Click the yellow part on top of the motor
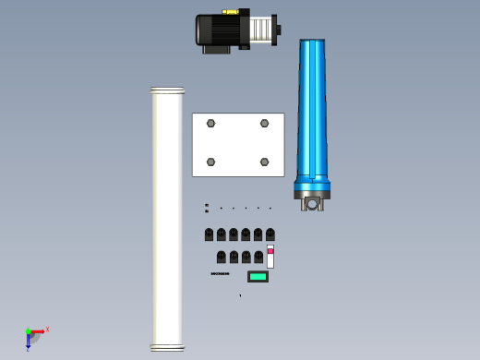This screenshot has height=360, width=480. coord(231,12)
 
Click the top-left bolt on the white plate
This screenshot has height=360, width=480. coord(210,123)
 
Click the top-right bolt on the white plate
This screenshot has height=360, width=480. coord(264,123)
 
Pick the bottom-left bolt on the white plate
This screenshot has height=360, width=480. coord(210,162)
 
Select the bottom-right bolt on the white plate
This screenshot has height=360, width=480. coord(264,162)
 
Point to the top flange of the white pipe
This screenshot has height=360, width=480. coord(167,90)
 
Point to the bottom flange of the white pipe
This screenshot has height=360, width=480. coord(167,348)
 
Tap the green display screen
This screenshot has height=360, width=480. coord(258,276)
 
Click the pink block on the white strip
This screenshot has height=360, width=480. coord(270,250)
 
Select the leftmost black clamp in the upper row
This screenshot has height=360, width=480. coord(209,234)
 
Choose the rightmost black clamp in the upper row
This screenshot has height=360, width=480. coord(270,234)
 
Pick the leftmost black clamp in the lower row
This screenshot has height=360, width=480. coord(222,257)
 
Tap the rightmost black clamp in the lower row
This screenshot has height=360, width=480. coord(258,257)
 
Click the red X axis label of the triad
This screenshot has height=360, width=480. coord(47,329)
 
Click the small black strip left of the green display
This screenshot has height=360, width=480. coord(220,273)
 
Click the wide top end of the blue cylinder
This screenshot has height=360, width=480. coord(312,42)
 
